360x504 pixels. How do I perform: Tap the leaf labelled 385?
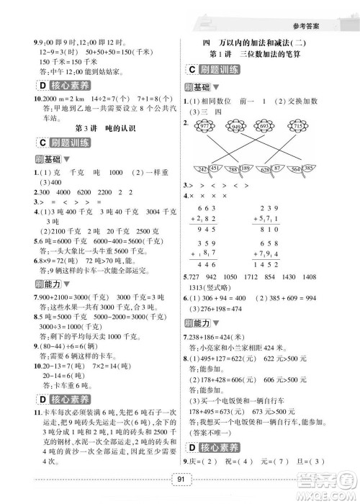point(315,169)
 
